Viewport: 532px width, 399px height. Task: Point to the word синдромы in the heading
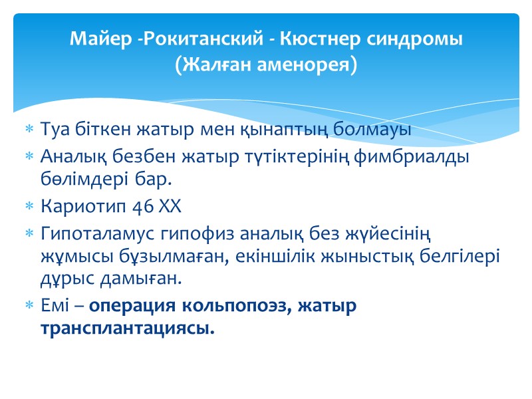point(414,39)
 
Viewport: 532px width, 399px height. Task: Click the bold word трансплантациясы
point(128,329)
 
